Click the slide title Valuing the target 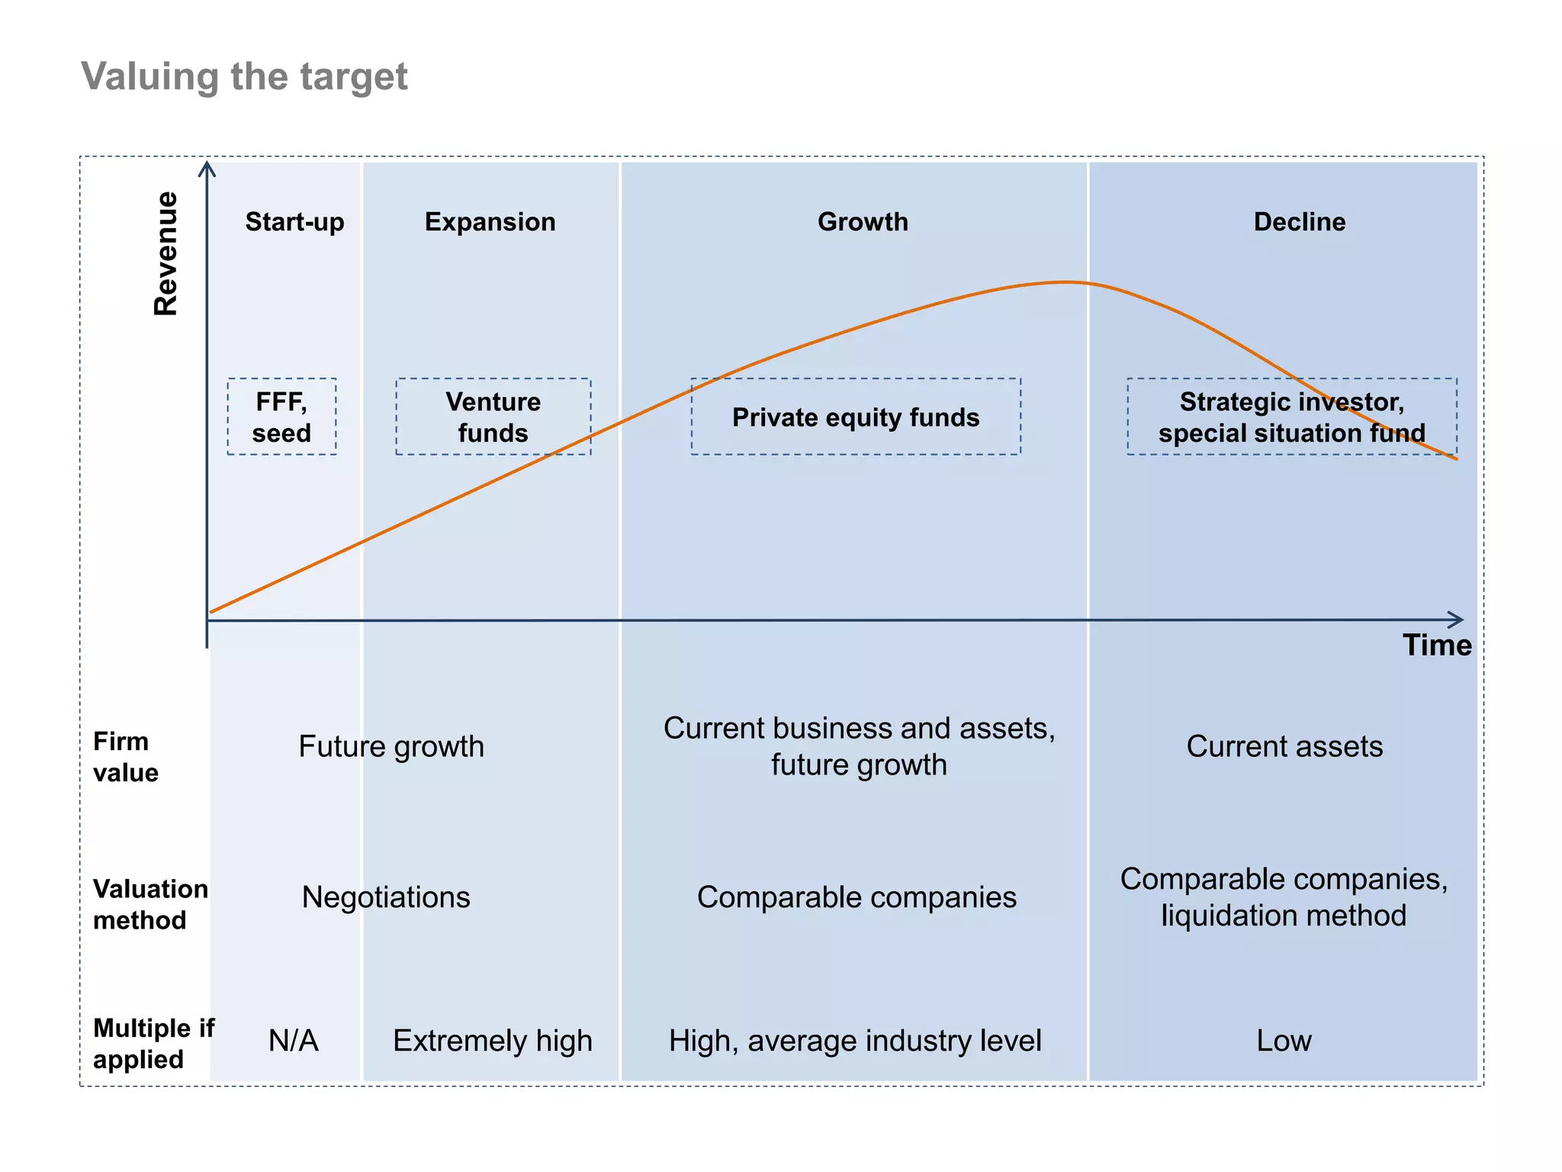pyautogui.click(x=244, y=77)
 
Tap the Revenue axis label pyautogui.click(x=166, y=253)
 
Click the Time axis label pyautogui.click(x=1437, y=646)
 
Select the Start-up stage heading pyautogui.click(x=294, y=222)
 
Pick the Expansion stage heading pyautogui.click(x=490, y=222)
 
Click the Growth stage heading pyautogui.click(x=863, y=222)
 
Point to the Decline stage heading pyautogui.click(x=1299, y=222)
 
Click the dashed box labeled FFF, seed pyautogui.click(x=281, y=417)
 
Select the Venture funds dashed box pyautogui.click(x=493, y=417)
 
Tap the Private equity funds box pyautogui.click(x=855, y=417)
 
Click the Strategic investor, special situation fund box pyautogui.click(x=1291, y=417)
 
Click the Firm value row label pyautogui.click(x=125, y=757)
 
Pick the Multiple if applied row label pyautogui.click(x=153, y=1044)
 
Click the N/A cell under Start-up pyautogui.click(x=293, y=1041)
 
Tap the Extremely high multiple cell pyautogui.click(x=492, y=1041)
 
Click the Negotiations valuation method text pyautogui.click(x=386, y=897)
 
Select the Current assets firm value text pyautogui.click(x=1284, y=746)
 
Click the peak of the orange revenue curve pyautogui.click(x=1064, y=282)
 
